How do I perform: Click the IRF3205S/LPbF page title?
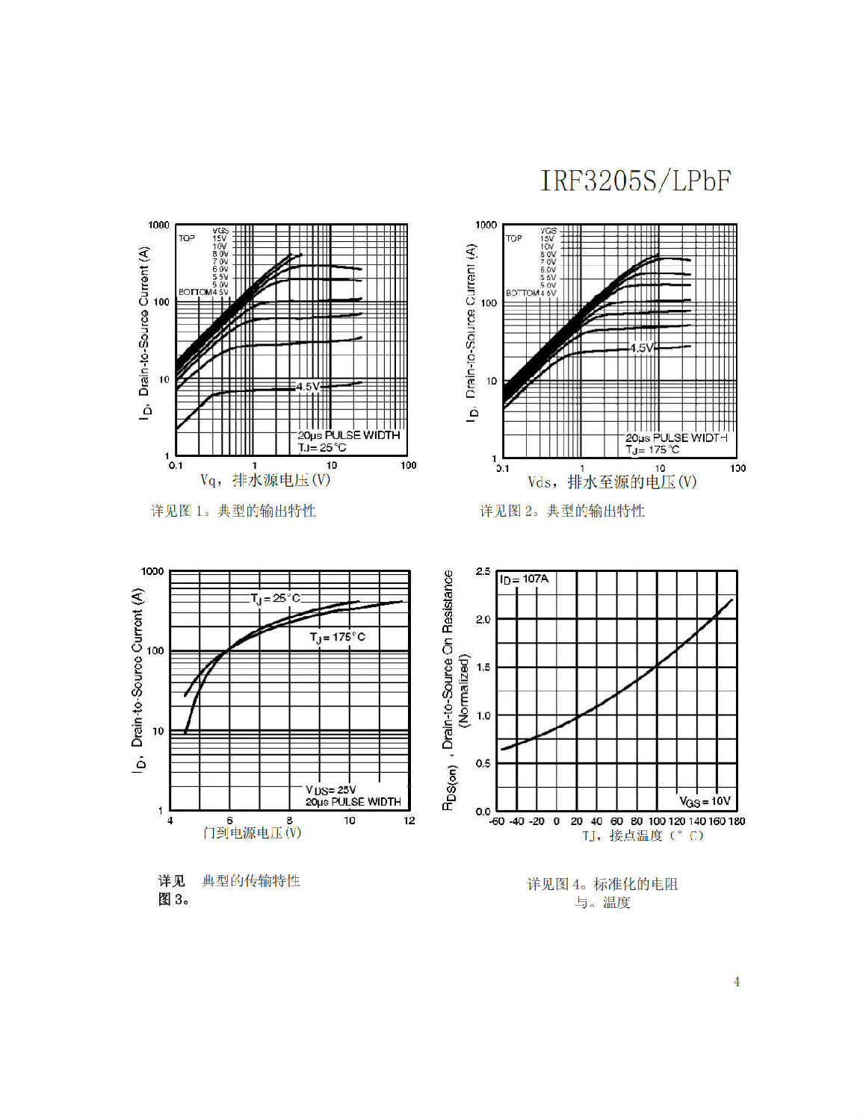[x=635, y=181]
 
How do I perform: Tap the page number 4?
[x=737, y=982]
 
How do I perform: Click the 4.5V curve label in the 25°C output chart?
[x=307, y=386]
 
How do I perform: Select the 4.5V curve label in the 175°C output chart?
[x=641, y=348]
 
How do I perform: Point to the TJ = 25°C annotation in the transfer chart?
[x=274, y=598]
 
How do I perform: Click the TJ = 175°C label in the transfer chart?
[x=338, y=637]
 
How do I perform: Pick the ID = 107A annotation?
[x=524, y=579]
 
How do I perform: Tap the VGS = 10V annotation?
[x=704, y=801]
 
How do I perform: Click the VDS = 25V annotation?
[x=330, y=790]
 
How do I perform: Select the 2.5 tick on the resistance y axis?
[x=483, y=572]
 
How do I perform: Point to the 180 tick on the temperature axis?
[x=736, y=821]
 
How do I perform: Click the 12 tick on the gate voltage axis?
[x=409, y=821]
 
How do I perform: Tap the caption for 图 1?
[x=233, y=511]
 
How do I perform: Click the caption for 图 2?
[x=562, y=511]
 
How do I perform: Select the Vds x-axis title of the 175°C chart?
[x=612, y=482]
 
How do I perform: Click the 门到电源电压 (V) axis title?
[x=252, y=833]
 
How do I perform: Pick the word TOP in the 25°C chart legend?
[x=186, y=238]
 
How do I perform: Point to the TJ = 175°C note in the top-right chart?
[x=652, y=449]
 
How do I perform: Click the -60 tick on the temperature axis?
[x=497, y=821]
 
